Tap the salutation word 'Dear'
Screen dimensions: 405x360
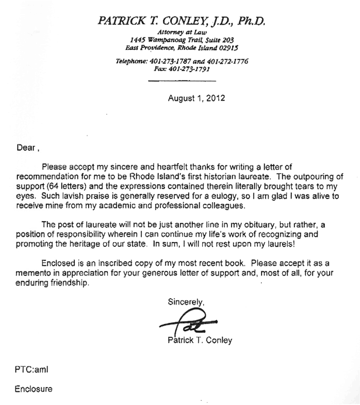(x=24, y=147)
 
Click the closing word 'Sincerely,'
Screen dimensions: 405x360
(x=186, y=302)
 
